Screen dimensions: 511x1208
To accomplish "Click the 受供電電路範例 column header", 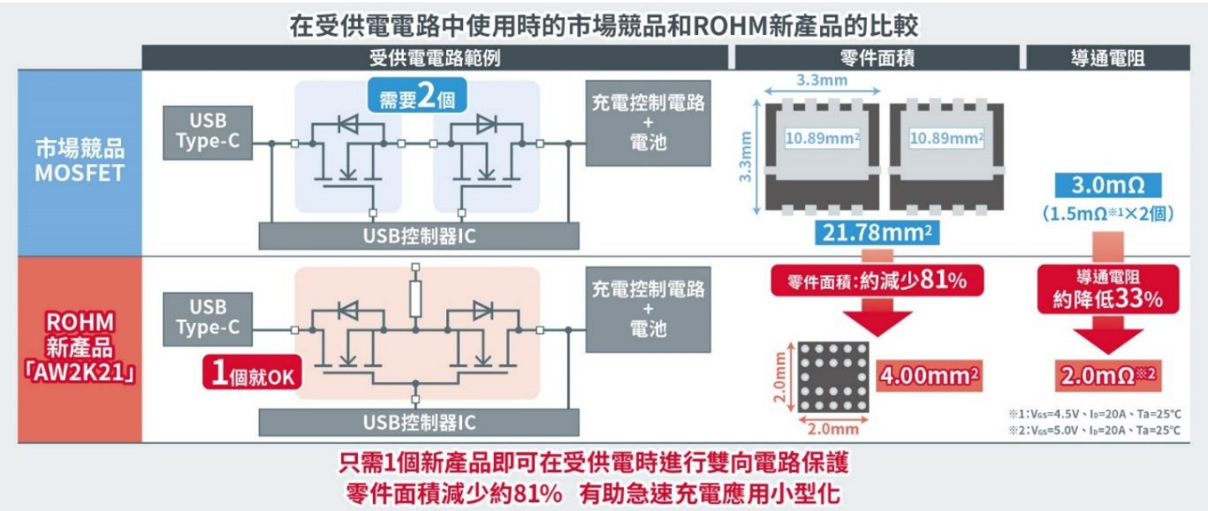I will click(435, 57).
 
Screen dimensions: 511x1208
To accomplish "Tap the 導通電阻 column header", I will click(1108, 57).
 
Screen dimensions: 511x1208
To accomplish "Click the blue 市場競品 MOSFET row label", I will click(80, 160).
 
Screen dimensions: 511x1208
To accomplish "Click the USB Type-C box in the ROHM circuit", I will click(202, 317).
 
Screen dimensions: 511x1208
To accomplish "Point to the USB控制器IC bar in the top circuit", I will click(420, 236).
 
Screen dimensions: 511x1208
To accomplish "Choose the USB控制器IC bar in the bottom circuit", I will click(420, 421).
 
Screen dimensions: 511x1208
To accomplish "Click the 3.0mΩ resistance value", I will click(1108, 186).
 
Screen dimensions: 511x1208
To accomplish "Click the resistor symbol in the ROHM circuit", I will click(415, 297).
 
